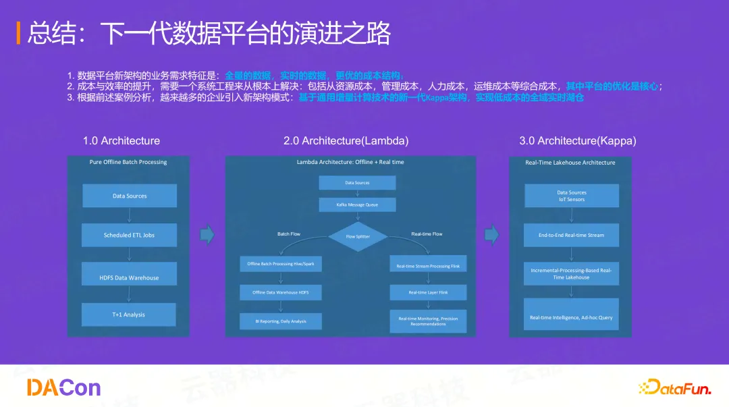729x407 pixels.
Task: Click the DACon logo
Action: [63, 387]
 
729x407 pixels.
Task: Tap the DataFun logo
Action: [674, 387]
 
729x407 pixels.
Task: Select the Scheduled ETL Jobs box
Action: [129, 236]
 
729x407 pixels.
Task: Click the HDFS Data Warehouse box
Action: [129, 277]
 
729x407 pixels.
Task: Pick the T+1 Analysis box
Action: [129, 315]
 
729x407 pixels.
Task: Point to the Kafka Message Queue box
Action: [357, 205]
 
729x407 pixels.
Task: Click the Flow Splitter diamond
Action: [358, 236]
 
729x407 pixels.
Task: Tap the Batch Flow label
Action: [289, 234]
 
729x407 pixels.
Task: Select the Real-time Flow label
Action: [427, 234]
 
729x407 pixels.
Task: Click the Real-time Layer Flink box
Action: [428, 292]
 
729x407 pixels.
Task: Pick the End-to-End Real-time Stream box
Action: [571, 235]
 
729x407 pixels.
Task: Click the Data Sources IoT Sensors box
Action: [571, 196]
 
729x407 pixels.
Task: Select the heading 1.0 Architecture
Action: [122, 141]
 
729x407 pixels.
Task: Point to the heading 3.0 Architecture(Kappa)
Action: [577, 141]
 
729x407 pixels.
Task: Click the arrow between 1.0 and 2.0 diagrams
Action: [207, 235]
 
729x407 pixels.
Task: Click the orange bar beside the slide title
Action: [18, 33]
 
